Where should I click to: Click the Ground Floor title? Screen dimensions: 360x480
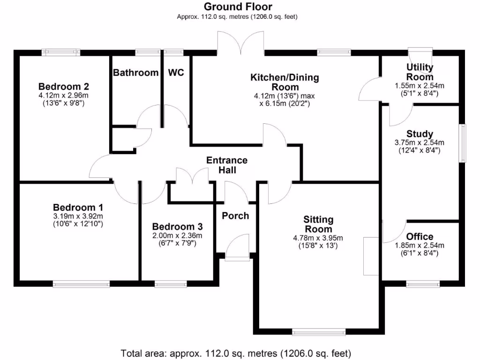tap(237, 7)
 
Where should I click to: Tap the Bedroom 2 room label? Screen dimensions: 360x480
tap(64, 87)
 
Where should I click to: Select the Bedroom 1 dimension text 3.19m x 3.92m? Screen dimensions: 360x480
tap(78, 216)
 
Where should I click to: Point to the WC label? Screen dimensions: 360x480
tap(176, 73)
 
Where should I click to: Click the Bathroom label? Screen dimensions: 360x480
tap(136, 73)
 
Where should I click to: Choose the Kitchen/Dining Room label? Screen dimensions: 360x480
tap(285, 82)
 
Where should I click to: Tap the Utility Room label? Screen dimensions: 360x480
tap(420, 72)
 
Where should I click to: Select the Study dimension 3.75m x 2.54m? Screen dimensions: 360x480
tap(420, 143)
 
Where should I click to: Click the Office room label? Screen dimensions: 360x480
tap(420, 236)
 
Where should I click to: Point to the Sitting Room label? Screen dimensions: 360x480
tap(318, 224)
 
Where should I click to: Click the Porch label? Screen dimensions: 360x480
tap(235, 216)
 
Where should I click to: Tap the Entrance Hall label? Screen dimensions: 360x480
tap(227, 165)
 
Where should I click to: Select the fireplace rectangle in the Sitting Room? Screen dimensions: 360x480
tap(370, 256)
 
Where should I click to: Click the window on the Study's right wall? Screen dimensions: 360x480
tap(463, 143)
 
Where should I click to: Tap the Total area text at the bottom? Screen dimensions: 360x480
tap(237, 353)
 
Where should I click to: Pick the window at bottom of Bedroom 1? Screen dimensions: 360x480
tap(81, 284)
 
